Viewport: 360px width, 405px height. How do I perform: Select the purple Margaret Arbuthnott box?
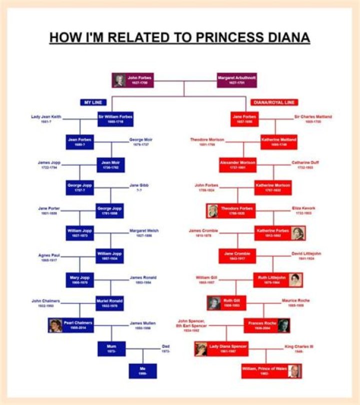236,80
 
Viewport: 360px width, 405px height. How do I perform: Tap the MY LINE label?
93,102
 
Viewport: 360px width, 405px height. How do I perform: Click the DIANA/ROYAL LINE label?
274,102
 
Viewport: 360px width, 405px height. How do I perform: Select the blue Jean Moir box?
111,165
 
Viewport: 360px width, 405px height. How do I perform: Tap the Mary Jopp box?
80,279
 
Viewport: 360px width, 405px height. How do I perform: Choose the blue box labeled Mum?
111,348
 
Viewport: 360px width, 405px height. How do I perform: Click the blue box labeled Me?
142,370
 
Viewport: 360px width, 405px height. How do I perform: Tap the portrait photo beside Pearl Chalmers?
55,325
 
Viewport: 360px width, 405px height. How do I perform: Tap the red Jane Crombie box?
237,256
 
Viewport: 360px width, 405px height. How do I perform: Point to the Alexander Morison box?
237,164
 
